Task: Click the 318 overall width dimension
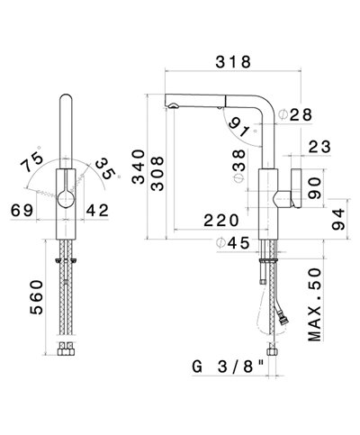(233, 62)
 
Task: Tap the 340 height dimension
(139, 167)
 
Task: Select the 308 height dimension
(157, 173)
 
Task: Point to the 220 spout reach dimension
(221, 221)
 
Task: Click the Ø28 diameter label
(295, 114)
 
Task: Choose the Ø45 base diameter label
(233, 243)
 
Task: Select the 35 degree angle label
(107, 168)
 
